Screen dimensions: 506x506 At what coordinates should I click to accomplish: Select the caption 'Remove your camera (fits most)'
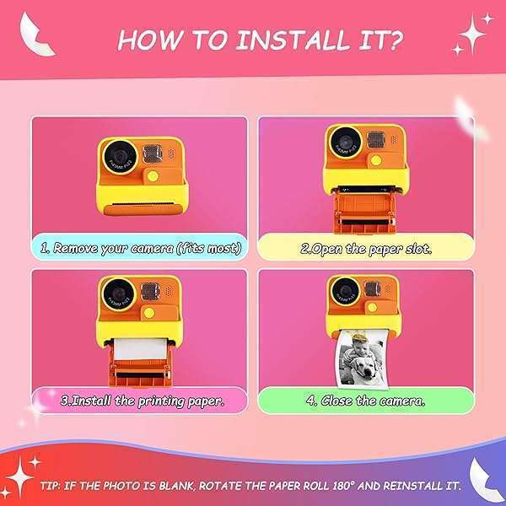(x=141, y=248)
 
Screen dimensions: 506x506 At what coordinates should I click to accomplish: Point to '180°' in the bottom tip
(x=330, y=487)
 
